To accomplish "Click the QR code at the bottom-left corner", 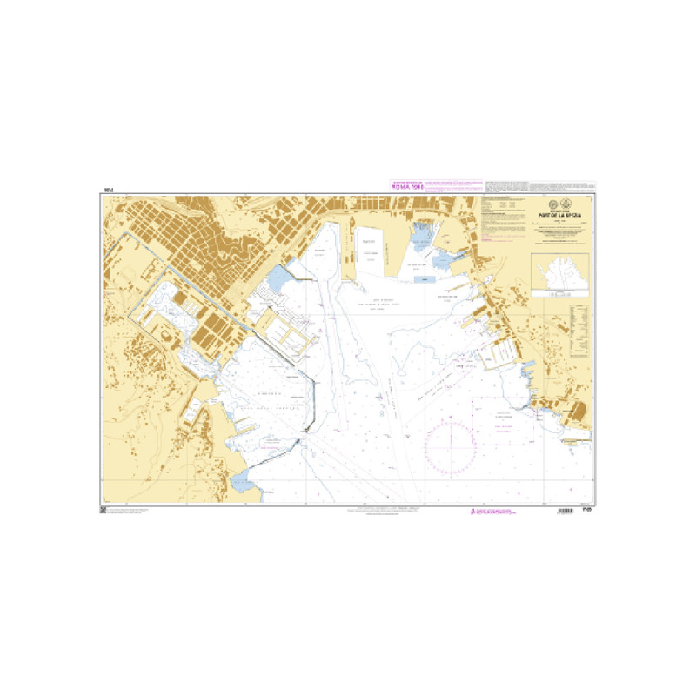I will [x=104, y=511].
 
